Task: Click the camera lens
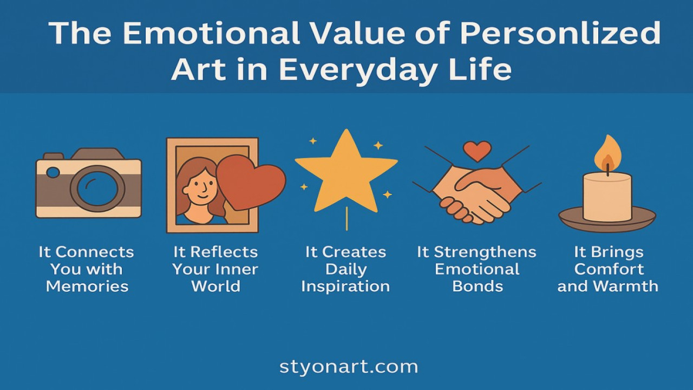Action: pos(97,188)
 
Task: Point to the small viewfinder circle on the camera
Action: pos(53,172)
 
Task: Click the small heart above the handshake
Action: pos(477,151)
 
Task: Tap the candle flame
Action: pos(607,154)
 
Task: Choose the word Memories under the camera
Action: pos(87,287)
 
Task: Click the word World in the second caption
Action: pos(215,287)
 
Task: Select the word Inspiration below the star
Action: pos(345,287)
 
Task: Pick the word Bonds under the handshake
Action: pos(478,287)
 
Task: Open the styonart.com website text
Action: pos(349,367)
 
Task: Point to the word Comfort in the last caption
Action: pos(609,269)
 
